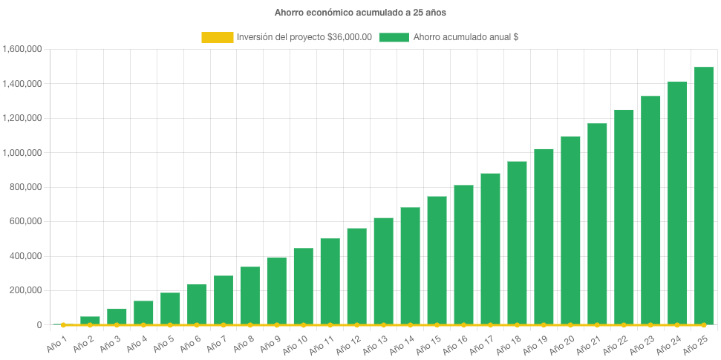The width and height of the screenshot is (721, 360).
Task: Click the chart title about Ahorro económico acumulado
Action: coord(360,13)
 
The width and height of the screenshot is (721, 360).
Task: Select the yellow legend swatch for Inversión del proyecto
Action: coord(217,37)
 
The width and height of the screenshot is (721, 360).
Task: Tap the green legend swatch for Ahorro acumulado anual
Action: coord(394,37)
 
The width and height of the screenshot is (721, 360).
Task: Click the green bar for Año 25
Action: coord(704,197)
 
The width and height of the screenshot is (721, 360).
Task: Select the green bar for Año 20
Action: coord(570,230)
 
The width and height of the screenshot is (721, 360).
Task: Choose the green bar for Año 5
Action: coord(170,308)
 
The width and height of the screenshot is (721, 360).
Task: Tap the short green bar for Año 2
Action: coord(90,320)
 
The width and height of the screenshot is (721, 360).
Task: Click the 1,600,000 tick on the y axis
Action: coord(22,49)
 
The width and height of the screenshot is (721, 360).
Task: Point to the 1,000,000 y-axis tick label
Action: coord(22,153)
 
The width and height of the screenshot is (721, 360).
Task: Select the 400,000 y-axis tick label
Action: coord(25,256)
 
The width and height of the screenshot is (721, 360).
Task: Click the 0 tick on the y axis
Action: coord(38,325)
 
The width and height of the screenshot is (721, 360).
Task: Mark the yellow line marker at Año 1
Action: coord(63,325)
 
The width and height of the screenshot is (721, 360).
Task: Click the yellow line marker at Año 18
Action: coord(517,325)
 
